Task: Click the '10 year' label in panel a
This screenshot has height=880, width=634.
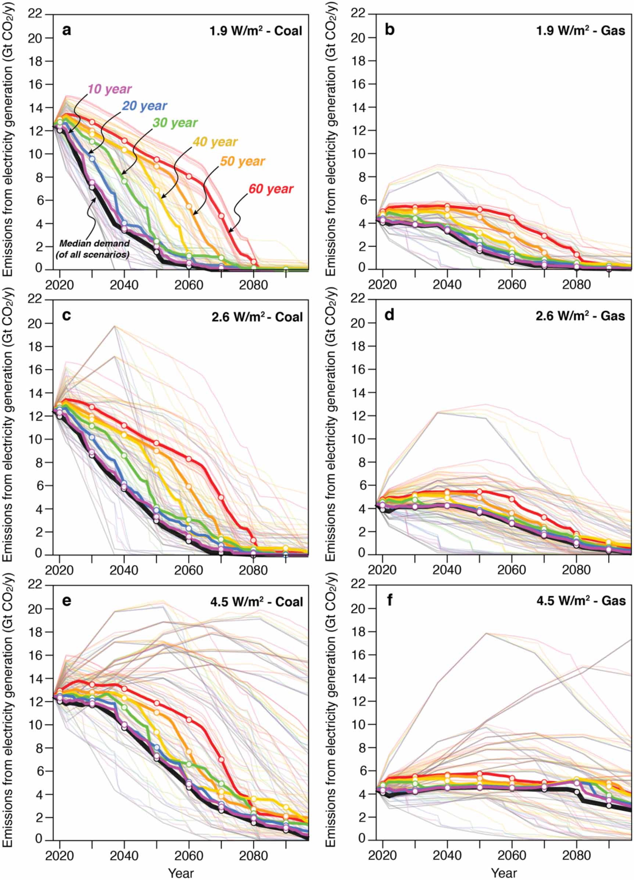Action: [110, 89]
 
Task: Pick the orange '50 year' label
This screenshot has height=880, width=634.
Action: [243, 161]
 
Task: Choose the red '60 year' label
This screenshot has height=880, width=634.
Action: [271, 189]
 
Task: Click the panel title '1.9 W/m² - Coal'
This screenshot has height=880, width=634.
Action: [256, 30]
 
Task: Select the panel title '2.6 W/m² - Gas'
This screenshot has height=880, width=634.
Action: [580, 316]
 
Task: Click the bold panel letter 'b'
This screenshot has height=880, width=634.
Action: [390, 30]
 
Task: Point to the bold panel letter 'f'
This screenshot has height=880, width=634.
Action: [390, 601]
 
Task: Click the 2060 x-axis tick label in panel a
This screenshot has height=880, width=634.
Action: [189, 285]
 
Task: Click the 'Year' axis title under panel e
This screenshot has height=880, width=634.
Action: [181, 873]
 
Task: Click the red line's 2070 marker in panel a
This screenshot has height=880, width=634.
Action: [221, 216]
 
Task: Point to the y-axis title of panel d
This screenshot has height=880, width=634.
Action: [330, 426]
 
